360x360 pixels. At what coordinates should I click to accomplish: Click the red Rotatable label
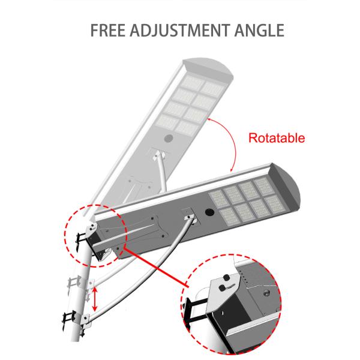point(277,138)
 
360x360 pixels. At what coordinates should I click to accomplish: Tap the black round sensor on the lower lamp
point(210,212)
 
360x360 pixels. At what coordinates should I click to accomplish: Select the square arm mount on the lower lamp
point(187,212)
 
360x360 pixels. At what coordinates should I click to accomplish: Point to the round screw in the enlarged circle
point(266,294)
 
